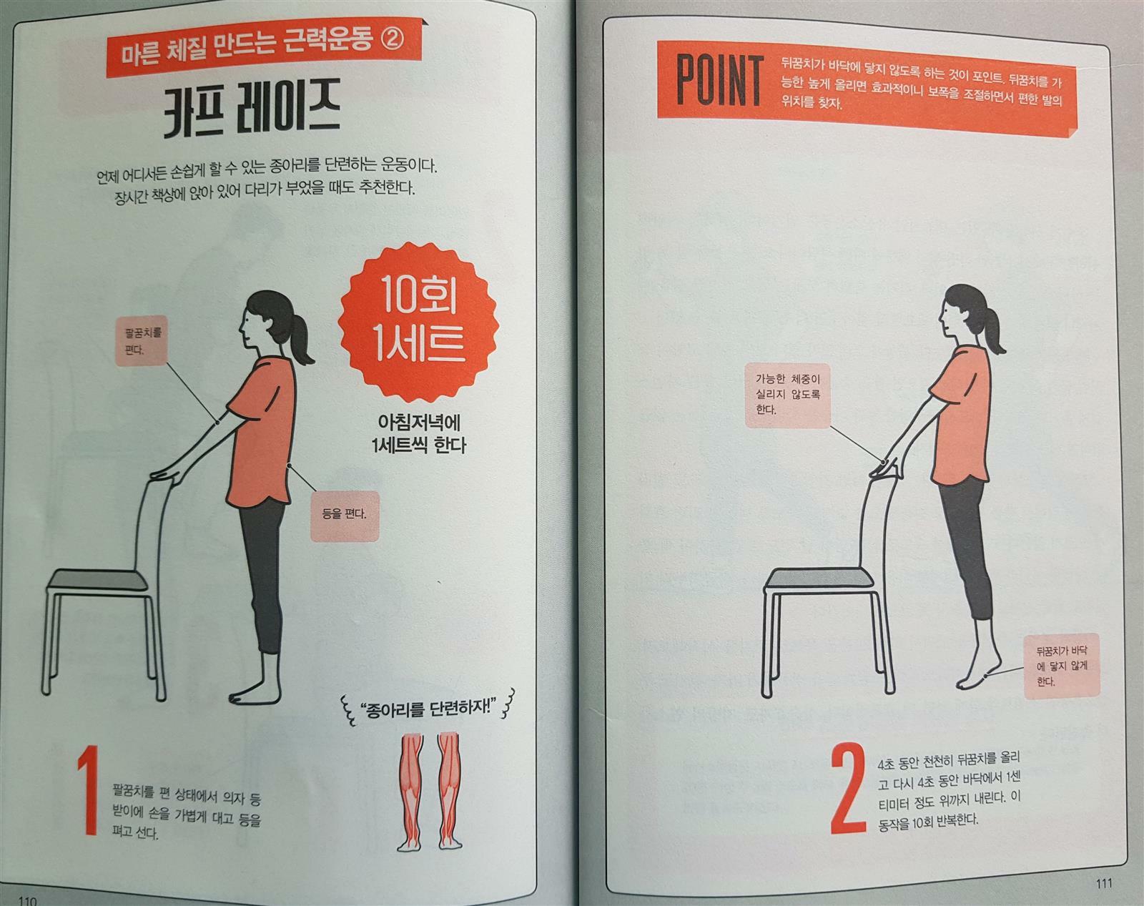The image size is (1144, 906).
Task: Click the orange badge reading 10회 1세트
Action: point(418,322)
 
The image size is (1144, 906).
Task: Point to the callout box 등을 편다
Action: point(345,516)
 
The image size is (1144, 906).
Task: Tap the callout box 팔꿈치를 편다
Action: point(142,341)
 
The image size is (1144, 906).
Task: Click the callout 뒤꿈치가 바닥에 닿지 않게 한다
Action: point(1061,666)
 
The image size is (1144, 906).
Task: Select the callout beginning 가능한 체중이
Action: point(787,395)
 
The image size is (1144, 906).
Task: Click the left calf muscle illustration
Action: point(410,792)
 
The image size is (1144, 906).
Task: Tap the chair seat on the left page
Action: point(99,581)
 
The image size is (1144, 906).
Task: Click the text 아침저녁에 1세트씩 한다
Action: point(418,434)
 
